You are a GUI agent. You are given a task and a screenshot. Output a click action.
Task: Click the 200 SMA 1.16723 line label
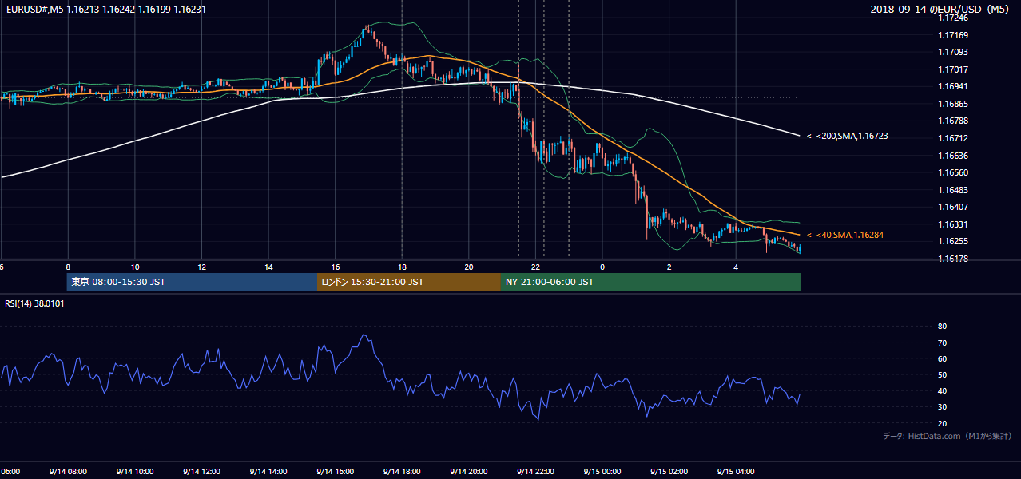click(848, 136)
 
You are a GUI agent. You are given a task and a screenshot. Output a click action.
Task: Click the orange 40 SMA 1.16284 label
click(845, 235)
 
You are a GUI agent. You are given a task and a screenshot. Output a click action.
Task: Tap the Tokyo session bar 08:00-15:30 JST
click(192, 282)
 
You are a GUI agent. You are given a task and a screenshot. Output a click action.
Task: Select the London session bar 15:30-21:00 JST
click(409, 282)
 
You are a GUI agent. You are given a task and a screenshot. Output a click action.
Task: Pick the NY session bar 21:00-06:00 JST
click(651, 282)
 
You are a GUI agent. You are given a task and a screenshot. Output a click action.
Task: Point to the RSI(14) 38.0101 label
click(34, 303)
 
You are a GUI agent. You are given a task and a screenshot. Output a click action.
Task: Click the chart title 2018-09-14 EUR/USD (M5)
click(940, 9)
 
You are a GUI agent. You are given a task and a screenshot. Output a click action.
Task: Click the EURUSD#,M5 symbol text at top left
click(35, 9)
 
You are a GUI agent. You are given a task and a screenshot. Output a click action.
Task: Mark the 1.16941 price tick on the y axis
click(953, 86)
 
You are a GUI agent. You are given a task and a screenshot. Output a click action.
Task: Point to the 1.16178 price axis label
click(953, 259)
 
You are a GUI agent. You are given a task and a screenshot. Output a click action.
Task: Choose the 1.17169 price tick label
click(953, 35)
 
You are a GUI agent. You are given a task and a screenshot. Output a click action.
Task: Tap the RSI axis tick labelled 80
click(942, 326)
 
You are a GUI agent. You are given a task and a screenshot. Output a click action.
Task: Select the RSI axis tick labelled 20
click(942, 423)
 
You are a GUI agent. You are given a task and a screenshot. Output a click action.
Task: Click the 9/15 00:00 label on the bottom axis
click(602, 472)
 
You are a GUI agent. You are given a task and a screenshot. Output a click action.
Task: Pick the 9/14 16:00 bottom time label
click(335, 472)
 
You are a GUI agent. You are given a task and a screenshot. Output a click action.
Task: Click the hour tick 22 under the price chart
click(535, 267)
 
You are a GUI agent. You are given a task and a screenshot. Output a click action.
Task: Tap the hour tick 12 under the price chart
click(201, 267)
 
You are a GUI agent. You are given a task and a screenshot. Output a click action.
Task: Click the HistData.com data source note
click(948, 436)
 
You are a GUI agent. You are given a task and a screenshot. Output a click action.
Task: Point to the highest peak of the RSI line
click(364, 335)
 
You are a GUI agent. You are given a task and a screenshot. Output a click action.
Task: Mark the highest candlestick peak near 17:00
click(367, 26)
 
